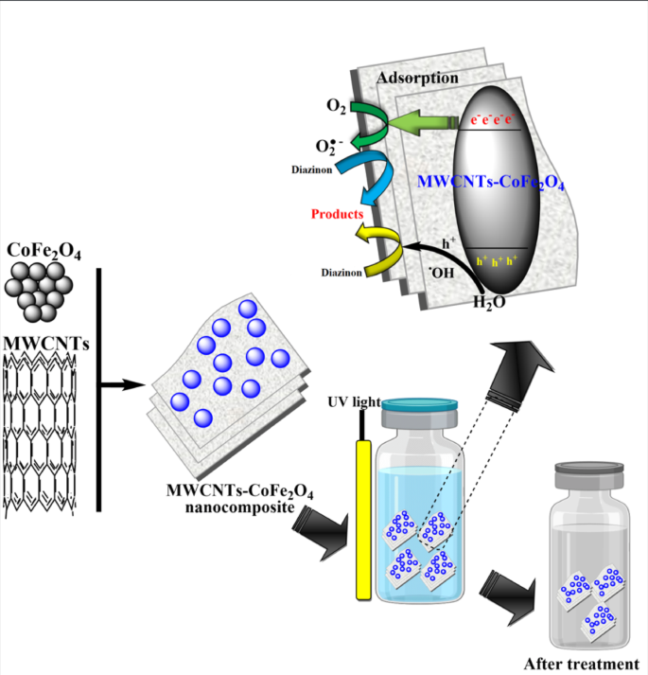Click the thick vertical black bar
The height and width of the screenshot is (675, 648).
[x=98, y=388]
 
